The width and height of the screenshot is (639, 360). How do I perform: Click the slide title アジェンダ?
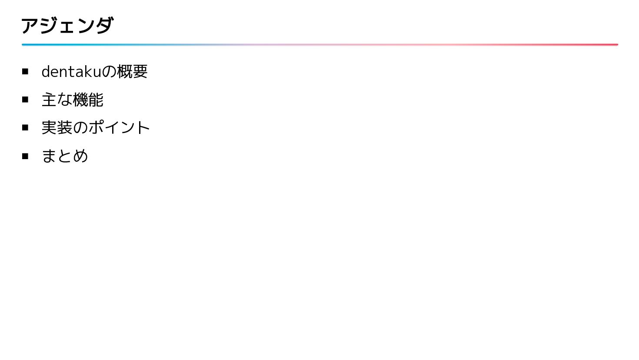pyautogui.click(x=67, y=26)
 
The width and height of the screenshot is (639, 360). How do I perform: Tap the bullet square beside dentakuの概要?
pyautogui.click(x=25, y=71)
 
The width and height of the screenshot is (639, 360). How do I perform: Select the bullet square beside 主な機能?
pyautogui.click(x=25, y=100)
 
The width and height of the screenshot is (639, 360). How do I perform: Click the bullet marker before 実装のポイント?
pyautogui.click(x=25, y=127)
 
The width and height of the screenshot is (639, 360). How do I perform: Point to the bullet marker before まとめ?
pyautogui.click(x=25, y=156)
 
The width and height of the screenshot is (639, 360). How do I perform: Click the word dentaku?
pyautogui.click(x=71, y=72)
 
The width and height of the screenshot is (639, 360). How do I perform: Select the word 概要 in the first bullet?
pyautogui.click(x=132, y=72)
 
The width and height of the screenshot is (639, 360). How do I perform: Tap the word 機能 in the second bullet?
pyautogui.click(x=88, y=100)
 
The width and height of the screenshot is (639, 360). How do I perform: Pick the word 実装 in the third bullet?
pyautogui.click(x=57, y=128)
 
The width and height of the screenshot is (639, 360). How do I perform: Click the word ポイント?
pyautogui.click(x=119, y=128)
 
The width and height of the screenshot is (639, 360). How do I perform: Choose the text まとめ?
pyautogui.click(x=65, y=156)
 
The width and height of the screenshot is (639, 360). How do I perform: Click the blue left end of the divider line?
pyautogui.click(x=24, y=44)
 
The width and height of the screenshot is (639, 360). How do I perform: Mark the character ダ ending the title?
pyautogui.click(x=104, y=26)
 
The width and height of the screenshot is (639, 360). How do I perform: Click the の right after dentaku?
pyautogui.click(x=109, y=72)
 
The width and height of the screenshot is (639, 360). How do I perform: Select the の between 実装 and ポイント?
pyautogui.click(x=80, y=128)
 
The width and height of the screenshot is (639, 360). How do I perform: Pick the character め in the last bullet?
pyautogui.click(x=80, y=156)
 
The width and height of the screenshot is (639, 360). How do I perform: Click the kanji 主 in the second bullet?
pyautogui.click(x=49, y=100)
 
